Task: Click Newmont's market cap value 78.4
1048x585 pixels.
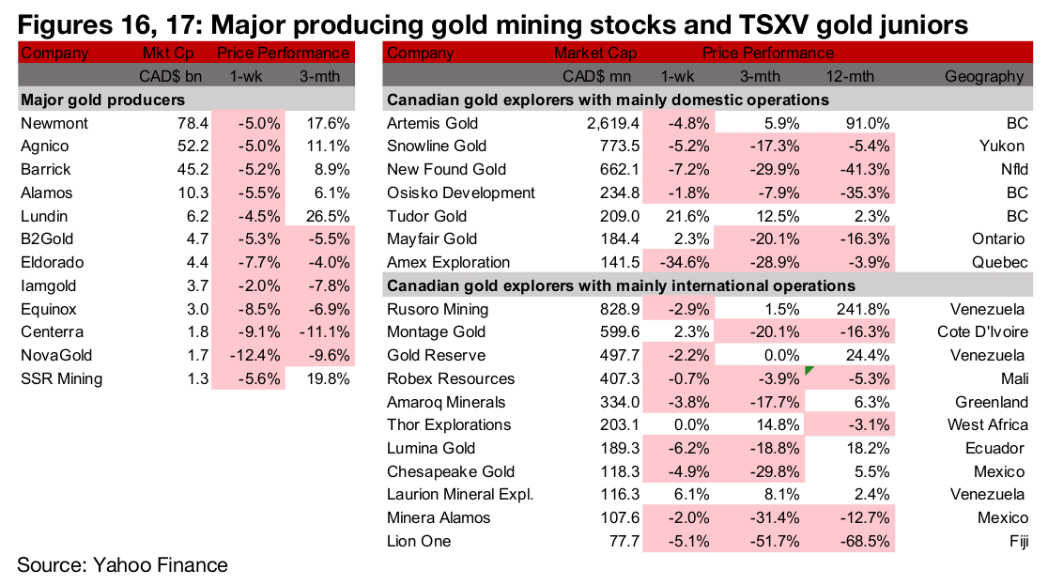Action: (186, 123)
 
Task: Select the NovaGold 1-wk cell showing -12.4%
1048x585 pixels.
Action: (248, 356)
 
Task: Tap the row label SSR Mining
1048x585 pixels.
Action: (61, 379)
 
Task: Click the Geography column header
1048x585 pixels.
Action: (985, 76)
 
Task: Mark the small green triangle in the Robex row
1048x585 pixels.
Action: (808, 373)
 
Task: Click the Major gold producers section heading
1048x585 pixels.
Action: (102, 100)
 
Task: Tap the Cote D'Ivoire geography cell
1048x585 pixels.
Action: (982, 332)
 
